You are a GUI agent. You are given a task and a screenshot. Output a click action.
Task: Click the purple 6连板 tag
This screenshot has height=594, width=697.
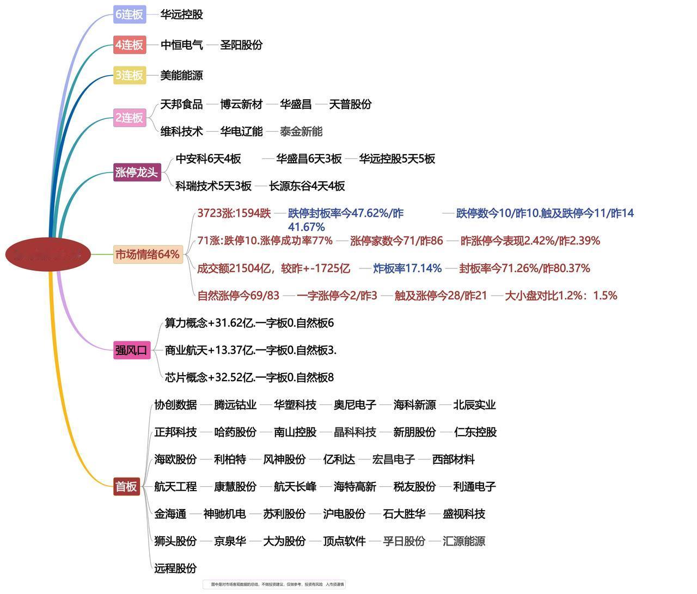[x=130, y=14]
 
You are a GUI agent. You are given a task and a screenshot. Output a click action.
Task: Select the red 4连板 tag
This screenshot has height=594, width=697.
[x=130, y=45]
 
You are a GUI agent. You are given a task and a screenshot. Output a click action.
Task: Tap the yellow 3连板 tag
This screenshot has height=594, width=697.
[x=130, y=75]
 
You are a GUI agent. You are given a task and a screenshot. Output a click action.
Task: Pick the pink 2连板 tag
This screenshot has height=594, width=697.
[x=130, y=118]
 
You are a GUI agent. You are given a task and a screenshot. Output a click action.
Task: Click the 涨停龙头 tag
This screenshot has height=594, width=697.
[x=137, y=173]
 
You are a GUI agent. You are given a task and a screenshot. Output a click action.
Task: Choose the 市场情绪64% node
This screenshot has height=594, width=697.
[x=147, y=254]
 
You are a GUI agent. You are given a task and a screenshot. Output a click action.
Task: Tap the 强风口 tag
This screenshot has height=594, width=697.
[x=131, y=350]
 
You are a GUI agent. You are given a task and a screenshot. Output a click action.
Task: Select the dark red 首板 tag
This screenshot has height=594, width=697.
[x=126, y=486]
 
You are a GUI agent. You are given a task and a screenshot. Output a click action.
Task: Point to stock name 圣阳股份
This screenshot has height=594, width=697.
[x=241, y=45]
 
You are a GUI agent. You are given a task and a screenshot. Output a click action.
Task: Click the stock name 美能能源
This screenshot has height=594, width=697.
[x=181, y=75]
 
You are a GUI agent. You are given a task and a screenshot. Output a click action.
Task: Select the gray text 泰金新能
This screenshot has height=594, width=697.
[x=301, y=131]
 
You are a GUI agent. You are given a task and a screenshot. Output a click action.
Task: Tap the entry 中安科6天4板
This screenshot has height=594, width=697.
[x=208, y=158]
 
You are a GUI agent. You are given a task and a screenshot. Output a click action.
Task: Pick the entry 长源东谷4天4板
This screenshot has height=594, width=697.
[x=307, y=186]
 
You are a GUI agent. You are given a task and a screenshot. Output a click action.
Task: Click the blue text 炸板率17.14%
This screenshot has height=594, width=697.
[x=407, y=268]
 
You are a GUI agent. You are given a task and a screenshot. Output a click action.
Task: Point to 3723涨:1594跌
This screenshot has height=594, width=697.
[x=234, y=213]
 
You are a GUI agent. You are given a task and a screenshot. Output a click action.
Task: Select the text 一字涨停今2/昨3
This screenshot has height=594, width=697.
[x=337, y=296]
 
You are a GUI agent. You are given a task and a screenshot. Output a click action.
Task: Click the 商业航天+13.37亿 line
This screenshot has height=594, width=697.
[x=250, y=350]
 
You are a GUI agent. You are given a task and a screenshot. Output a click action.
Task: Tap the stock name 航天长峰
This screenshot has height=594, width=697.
[x=295, y=486]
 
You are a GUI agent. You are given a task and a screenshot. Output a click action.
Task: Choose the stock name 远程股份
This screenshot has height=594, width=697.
[x=175, y=568]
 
